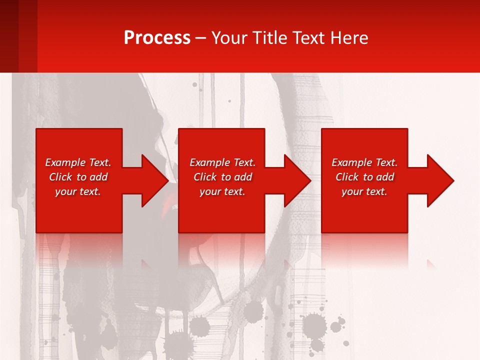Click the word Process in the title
click(157, 38)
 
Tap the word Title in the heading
click(269, 38)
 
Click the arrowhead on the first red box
click(152, 180)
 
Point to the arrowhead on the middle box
click(295, 180)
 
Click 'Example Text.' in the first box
click(78, 162)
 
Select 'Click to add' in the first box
click(78, 177)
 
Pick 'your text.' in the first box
click(78, 191)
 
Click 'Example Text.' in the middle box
click(222, 162)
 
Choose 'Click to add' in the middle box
click(222, 177)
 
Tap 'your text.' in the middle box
click(222, 191)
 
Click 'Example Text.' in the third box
click(364, 162)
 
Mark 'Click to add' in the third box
click(364, 177)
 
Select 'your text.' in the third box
click(364, 191)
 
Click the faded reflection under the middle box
click(221, 247)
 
